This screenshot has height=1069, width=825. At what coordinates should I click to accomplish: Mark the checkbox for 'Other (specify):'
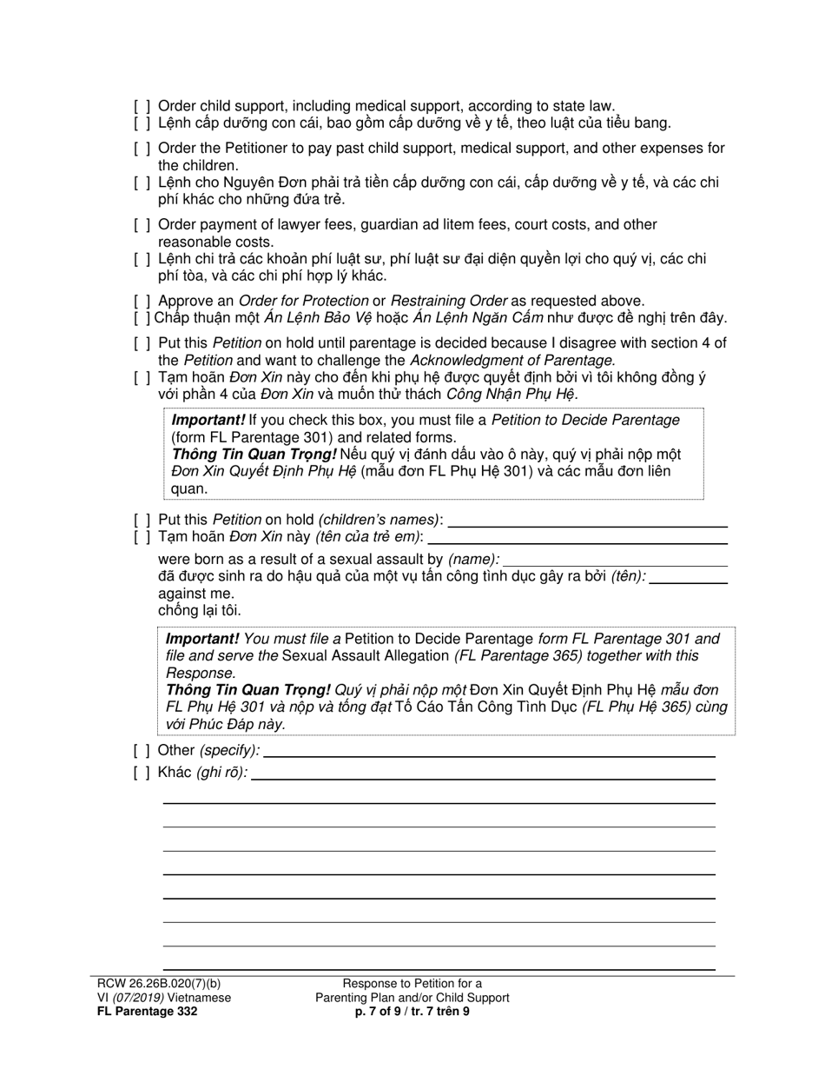(x=142, y=750)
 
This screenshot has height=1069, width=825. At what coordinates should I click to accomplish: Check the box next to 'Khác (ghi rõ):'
(x=142, y=773)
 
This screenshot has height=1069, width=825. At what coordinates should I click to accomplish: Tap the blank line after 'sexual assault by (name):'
(x=615, y=561)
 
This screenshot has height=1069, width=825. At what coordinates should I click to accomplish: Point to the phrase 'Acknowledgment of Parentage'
(x=511, y=360)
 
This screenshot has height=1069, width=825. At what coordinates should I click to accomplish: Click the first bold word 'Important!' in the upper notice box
(x=208, y=421)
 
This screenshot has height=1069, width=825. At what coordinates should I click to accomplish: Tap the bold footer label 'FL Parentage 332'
(x=147, y=1012)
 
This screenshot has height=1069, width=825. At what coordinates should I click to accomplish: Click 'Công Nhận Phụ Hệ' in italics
(x=511, y=394)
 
